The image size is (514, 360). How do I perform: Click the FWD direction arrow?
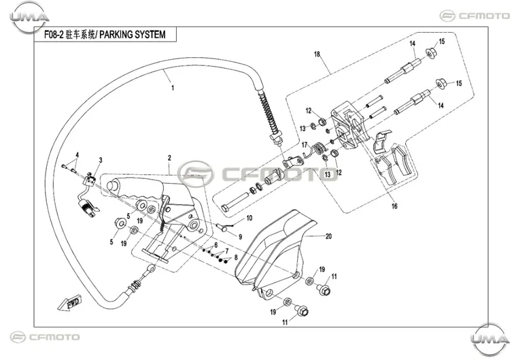pos(70,303)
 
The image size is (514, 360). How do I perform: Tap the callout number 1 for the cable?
pos(173,88)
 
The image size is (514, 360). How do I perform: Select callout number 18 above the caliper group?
pos(317,54)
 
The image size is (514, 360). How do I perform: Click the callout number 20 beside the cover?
pos(328,236)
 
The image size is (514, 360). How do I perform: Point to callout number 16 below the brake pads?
pos(394,206)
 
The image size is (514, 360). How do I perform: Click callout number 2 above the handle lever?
pos(169,158)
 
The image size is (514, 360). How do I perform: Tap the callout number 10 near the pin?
pos(250,218)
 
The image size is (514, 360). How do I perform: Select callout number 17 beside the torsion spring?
pos(305,145)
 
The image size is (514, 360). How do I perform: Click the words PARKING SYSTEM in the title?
pos(132,35)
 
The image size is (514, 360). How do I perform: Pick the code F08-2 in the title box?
pos(54,35)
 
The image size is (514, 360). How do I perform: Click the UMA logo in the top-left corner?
pos(29,17)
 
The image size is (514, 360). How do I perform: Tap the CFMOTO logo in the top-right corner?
pos(475,16)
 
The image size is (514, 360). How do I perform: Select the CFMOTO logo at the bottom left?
pos(45,337)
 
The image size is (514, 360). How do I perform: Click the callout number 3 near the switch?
pos(101,160)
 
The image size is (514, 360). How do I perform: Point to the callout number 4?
pos(78,154)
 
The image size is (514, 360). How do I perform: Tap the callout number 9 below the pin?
pos(240,237)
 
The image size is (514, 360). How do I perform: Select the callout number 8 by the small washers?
pos(236,258)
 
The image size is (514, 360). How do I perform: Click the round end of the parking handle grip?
pos(112,186)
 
